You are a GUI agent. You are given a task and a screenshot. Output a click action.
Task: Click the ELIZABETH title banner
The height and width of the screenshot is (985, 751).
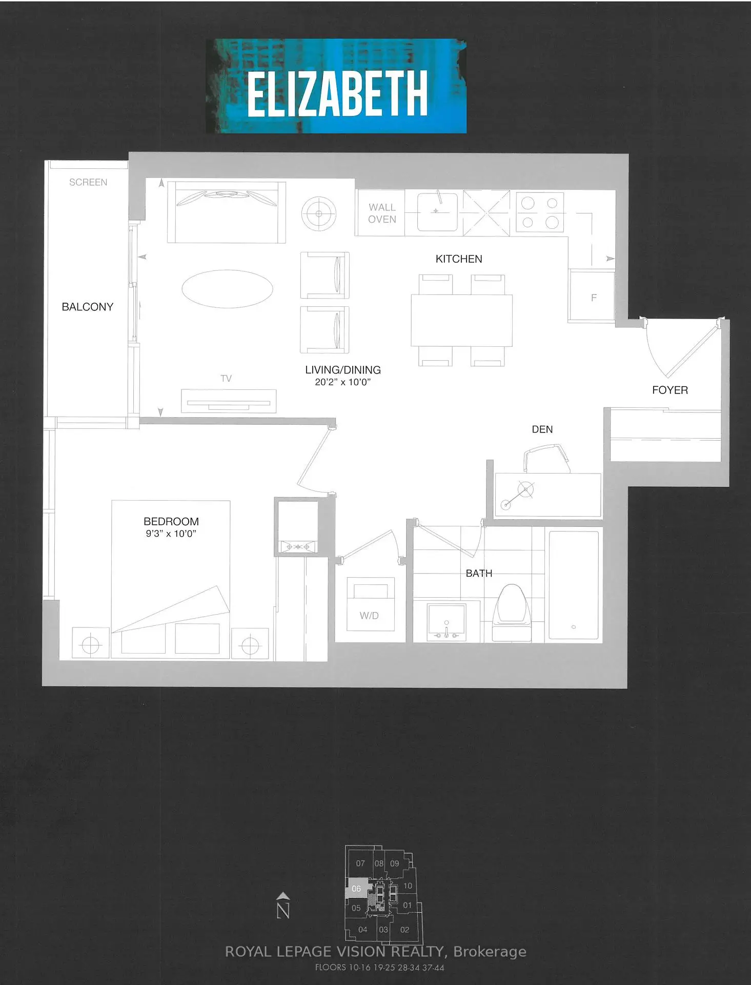pyautogui.click(x=336, y=86)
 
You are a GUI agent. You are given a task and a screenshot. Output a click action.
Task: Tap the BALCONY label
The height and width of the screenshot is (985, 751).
pyautogui.click(x=88, y=307)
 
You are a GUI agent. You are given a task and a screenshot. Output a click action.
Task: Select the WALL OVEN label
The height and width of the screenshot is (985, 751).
pyautogui.click(x=382, y=213)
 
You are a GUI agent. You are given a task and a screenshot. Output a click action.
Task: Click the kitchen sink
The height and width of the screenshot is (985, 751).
pyautogui.click(x=437, y=211)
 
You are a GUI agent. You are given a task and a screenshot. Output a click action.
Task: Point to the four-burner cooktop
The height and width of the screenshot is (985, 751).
pyautogui.click(x=540, y=211)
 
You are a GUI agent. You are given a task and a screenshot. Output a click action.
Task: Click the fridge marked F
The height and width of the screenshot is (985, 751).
pyautogui.click(x=592, y=296)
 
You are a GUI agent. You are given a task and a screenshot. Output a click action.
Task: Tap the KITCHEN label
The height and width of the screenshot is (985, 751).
pyautogui.click(x=459, y=259)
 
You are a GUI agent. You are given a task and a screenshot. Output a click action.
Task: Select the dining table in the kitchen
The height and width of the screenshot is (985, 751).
pyautogui.click(x=461, y=320)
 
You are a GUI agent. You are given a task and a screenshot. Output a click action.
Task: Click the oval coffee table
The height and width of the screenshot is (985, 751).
pyautogui.click(x=228, y=289)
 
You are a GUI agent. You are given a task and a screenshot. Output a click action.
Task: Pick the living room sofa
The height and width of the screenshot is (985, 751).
pyautogui.click(x=227, y=212)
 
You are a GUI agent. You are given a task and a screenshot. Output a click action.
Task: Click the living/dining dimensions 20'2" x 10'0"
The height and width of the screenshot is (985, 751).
pyautogui.click(x=342, y=382)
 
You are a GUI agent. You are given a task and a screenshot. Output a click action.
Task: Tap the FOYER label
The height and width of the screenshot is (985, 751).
pyautogui.click(x=670, y=390)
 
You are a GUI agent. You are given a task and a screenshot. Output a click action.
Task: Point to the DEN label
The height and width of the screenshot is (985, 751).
pyautogui.click(x=542, y=429)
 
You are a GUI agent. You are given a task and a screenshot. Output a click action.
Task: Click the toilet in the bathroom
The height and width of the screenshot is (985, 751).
pyautogui.click(x=512, y=613)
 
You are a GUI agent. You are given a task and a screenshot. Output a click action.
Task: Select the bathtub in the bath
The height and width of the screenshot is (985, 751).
pyautogui.click(x=574, y=585)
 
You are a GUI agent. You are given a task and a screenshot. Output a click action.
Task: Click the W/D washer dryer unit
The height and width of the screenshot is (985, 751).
pyautogui.click(x=371, y=604)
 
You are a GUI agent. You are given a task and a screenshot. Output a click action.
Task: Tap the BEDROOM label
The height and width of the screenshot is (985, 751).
pyautogui.click(x=171, y=521)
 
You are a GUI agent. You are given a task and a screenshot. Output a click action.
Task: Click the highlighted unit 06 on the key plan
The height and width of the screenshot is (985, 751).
pyautogui.click(x=356, y=889)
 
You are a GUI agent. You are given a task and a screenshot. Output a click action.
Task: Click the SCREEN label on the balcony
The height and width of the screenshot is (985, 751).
pyautogui.click(x=88, y=182)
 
